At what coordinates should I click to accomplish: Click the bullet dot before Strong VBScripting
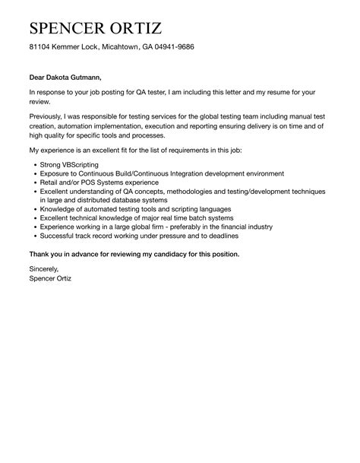pyautogui.click(x=31, y=164)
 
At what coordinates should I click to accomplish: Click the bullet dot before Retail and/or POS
pyautogui.click(x=31, y=182)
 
